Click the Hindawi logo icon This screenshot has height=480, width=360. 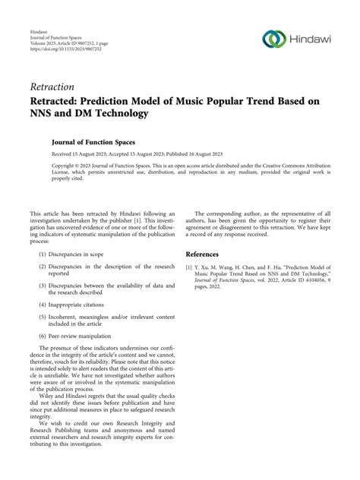273,39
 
